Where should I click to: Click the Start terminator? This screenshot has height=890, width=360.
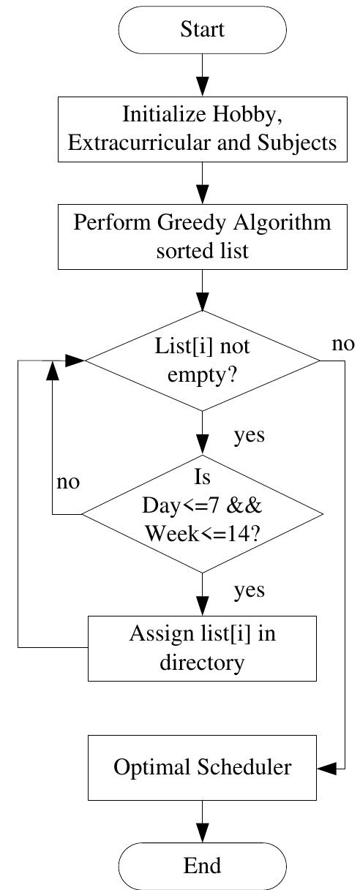(x=202, y=30)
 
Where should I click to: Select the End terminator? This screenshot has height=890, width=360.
(x=202, y=866)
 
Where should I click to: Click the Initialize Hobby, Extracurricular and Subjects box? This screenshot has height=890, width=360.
(x=202, y=129)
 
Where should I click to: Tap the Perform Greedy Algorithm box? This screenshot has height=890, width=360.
(x=202, y=236)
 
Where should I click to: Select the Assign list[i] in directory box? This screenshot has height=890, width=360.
(x=202, y=648)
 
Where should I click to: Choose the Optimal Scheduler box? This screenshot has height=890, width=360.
(x=202, y=768)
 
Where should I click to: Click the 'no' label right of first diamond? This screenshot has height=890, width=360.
(x=342, y=344)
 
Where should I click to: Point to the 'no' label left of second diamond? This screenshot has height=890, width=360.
(x=68, y=483)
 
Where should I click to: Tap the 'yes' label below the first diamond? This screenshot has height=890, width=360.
(x=249, y=436)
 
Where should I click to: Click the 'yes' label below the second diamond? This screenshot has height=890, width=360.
(x=249, y=590)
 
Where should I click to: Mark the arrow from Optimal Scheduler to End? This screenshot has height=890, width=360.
(x=202, y=821)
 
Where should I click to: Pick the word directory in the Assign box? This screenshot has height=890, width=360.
(x=202, y=663)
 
